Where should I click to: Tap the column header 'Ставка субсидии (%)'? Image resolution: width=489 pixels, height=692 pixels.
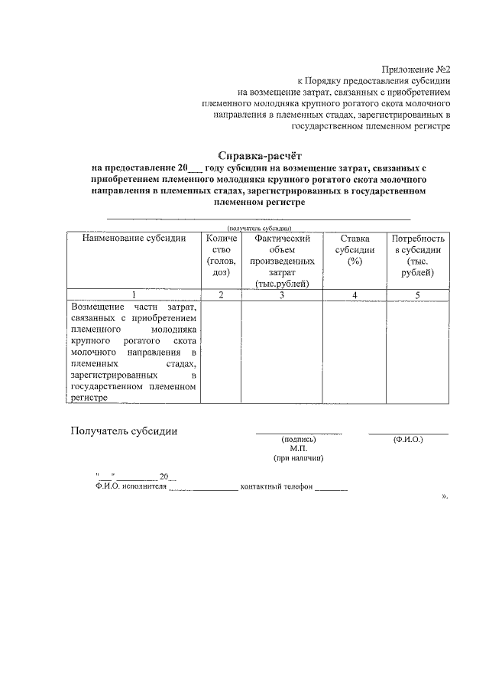pyautogui.click(x=354, y=250)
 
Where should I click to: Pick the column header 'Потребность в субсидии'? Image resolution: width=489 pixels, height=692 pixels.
pyautogui.click(x=418, y=255)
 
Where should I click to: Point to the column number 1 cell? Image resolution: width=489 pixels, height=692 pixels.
pyautogui.click(x=134, y=294)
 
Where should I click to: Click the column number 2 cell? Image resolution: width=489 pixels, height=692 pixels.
pyautogui.click(x=221, y=294)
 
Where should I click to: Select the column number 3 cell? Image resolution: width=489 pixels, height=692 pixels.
pyautogui.click(x=282, y=294)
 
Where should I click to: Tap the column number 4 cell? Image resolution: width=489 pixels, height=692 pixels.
pyautogui.click(x=354, y=294)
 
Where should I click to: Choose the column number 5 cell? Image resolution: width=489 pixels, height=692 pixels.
pyautogui.click(x=418, y=294)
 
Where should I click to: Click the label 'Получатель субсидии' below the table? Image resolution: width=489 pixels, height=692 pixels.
pyautogui.click(x=124, y=430)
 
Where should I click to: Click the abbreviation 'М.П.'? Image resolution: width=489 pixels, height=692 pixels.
pyautogui.click(x=298, y=449)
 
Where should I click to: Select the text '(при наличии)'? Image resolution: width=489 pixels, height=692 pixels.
pyautogui.click(x=298, y=459)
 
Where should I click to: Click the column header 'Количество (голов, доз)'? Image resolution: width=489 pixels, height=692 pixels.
pyautogui.click(x=221, y=255)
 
